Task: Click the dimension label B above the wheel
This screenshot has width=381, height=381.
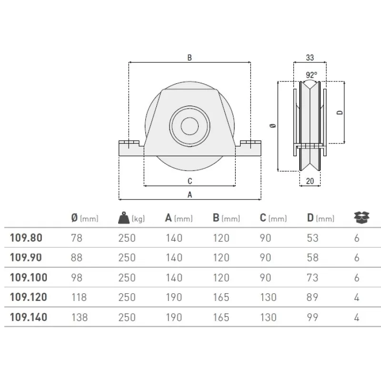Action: pyautogui.click(x=190, y=58)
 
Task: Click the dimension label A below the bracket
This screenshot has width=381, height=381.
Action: pyautogui.click(x=190, y=194)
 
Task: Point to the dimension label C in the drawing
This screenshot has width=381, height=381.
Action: pyautogui.click(x=190, y=181)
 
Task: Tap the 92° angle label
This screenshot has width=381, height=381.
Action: pyautogui.click(x=311, y=75)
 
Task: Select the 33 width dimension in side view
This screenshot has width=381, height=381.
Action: pyautogui.click(x=310, y=58)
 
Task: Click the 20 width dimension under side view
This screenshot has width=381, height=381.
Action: pyautogui.click(x=310, y=180)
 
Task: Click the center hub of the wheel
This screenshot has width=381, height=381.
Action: pyautogui.click(x=190, y=125)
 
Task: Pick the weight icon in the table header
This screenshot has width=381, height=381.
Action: pyautogui.click(x=124, y=218)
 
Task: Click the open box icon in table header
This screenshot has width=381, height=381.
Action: pyautogui.click(x=362, y=218)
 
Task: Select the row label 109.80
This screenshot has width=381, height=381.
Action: pyautogui.click(x=26, y=238)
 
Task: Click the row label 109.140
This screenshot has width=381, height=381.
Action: pyautogui.click(x=28, y=317)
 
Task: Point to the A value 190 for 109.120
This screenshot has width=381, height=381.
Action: pyautogui.click(x=173, y=297)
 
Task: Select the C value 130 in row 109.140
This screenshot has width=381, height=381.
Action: pyautogui.click(x=268, y=317)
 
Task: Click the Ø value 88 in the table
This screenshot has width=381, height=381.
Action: pyautogui.click(x=76, y=258)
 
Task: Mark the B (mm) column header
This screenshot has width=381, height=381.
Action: pyautogui.click(x=226, y=218)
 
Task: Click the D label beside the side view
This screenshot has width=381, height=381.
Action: pyautogui.click(x=339, y=113)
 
